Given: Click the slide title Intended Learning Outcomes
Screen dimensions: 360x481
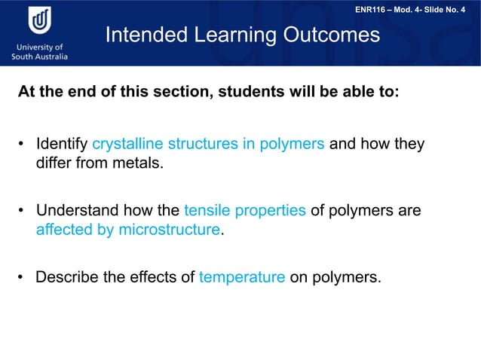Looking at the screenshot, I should click(x=243, y=35).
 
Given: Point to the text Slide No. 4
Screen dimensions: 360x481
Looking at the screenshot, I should click(x=451, y=9).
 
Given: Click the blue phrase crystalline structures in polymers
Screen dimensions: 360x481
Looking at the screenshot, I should click(x=208, y=144).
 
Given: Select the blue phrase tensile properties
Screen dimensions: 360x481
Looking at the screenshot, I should click(x=245, y=211).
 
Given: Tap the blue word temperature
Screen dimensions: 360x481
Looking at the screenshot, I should click(x=242, y=277).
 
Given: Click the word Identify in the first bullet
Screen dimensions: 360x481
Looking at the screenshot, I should click(x=62, y=144).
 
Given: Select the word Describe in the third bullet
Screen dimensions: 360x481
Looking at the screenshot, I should click(x=67, y=277).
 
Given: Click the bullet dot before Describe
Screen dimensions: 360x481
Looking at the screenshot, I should click(x=23, y=278).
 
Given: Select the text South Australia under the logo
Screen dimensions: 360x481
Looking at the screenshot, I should click(x=40, y=56).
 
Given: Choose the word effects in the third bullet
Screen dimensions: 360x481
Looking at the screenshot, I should click(x=153, y=277).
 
